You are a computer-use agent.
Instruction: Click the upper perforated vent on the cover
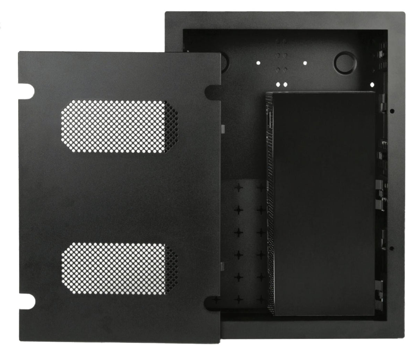(120, 127)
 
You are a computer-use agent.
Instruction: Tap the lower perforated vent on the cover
(120, 268)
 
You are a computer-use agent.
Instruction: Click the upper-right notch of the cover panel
(212, 92)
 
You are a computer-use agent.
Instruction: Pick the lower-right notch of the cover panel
(212, 302)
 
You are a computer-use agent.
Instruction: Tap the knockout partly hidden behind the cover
(224, 62)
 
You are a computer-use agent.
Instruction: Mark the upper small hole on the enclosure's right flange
(392, 111)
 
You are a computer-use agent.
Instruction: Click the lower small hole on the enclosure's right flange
(392, 248)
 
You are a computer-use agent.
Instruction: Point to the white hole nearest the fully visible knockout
(305, 63)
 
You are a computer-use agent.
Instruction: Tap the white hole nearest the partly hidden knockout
(258, 63)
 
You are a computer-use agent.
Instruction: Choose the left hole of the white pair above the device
(278, 84)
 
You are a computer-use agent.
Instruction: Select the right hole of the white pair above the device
(285, 84)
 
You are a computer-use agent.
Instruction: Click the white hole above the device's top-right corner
(372, 84)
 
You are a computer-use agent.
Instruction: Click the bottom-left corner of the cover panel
(20, 341)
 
